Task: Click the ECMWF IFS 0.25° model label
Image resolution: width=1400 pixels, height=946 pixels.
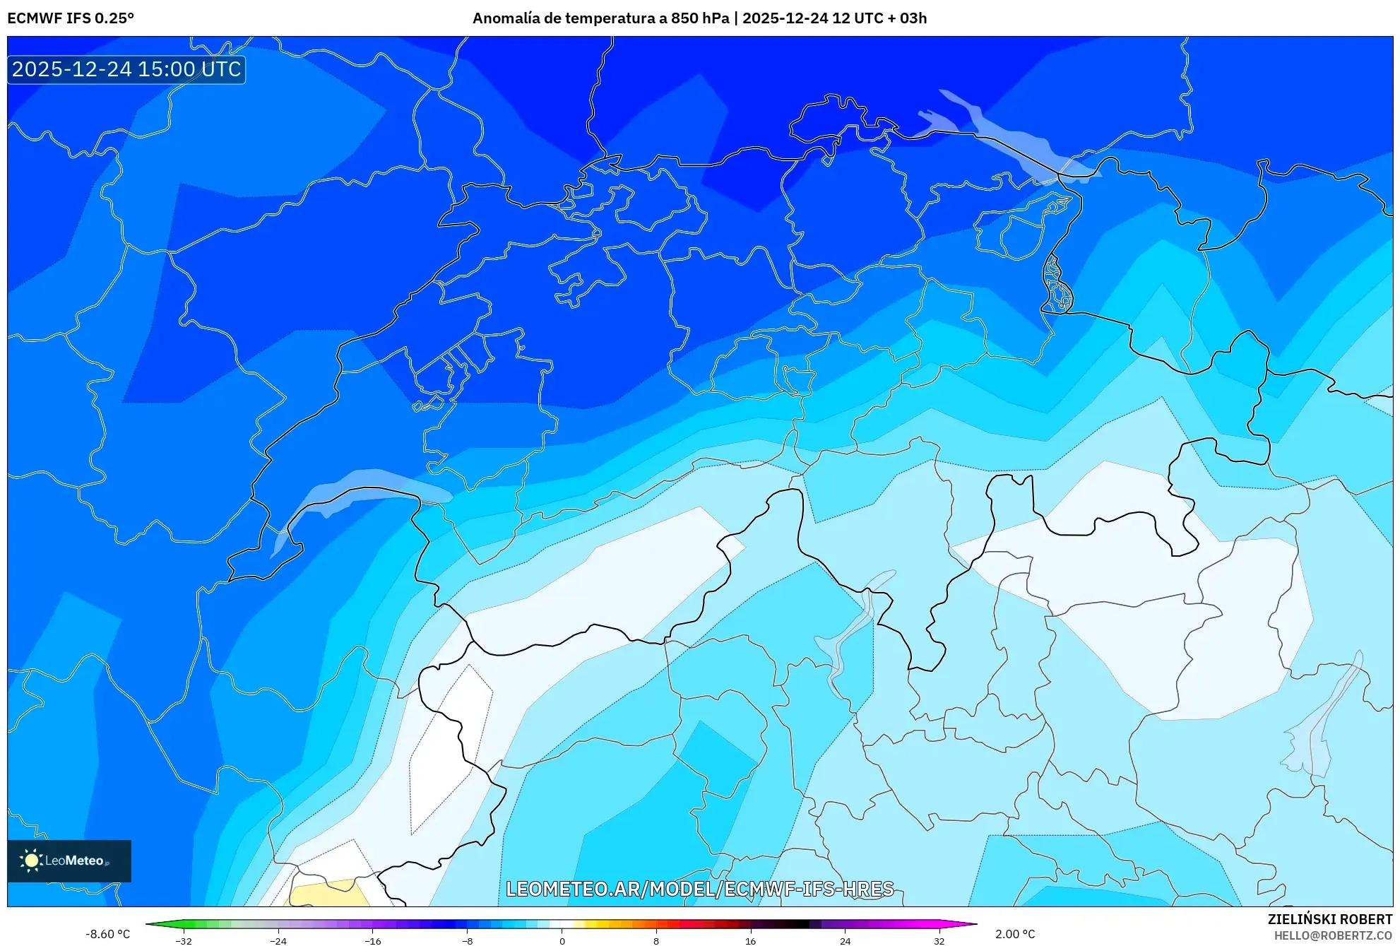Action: [x=71, y=18]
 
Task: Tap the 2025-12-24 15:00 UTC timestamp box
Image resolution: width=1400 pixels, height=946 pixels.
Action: [x=126, y=69]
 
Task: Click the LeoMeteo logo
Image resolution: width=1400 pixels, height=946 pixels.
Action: [x=69, y=861]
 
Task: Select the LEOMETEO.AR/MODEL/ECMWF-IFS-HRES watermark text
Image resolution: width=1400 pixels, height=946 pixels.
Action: [x=699, y=889]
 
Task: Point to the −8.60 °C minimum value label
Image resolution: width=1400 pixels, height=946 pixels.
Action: [x=107, y=934]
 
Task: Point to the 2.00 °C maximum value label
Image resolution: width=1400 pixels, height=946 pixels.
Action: [x=1015, y=934]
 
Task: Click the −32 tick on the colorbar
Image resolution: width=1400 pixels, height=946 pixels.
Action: [x=184, y=940]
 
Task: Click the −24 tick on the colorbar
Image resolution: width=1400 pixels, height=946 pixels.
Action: [x=278, y=940]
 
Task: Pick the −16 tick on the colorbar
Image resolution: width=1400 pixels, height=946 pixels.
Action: [x=373, y=940]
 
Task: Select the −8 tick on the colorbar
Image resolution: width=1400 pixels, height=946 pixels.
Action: [x=468, y=940]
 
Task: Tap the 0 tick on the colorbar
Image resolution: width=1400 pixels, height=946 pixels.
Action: [x=562, y=940]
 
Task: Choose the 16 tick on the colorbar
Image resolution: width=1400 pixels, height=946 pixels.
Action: [x=751, y=940]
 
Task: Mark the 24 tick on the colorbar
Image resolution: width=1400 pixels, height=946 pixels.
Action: [x=846, y=940]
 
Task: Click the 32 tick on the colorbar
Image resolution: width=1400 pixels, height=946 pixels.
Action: [x=939, y=940]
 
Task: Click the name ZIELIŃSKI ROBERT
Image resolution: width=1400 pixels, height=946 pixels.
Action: [x=1329, y=919]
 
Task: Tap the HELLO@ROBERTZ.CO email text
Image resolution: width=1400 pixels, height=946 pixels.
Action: [x=1333, y=935]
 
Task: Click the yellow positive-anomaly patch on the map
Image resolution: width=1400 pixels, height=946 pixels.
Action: [x=328, y=894]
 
